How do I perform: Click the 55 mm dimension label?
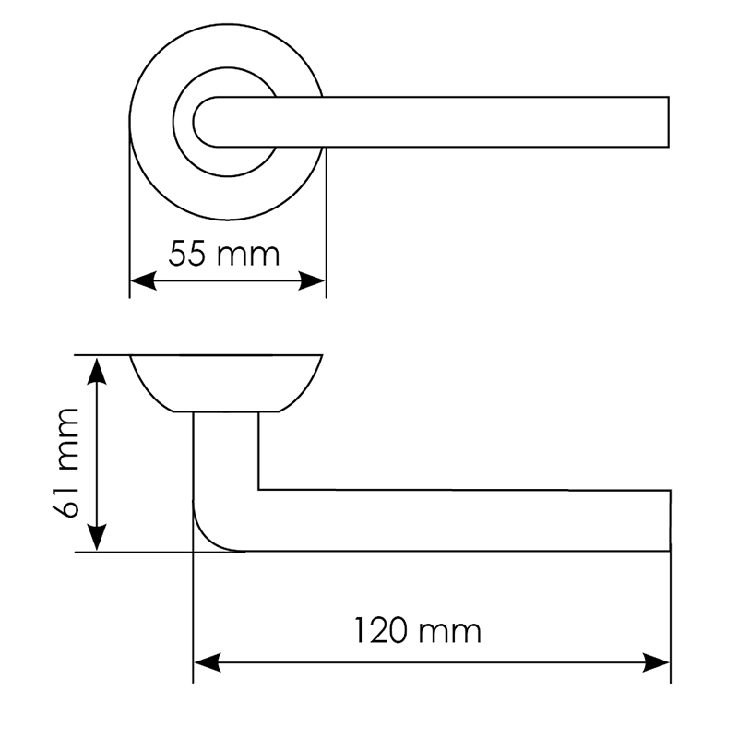click(224, 254)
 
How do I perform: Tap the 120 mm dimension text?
click(418, 631)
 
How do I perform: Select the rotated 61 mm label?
click(65, 463)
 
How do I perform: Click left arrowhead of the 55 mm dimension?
click(143, 281)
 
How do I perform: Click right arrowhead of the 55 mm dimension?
click(312, 281)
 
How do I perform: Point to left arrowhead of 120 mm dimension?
click(207, 662)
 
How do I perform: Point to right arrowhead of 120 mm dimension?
click(656, 662)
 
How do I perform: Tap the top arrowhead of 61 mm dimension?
click(97, 371)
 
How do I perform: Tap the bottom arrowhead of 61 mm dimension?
click(97, 537)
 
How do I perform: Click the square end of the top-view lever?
click(668, 123)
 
